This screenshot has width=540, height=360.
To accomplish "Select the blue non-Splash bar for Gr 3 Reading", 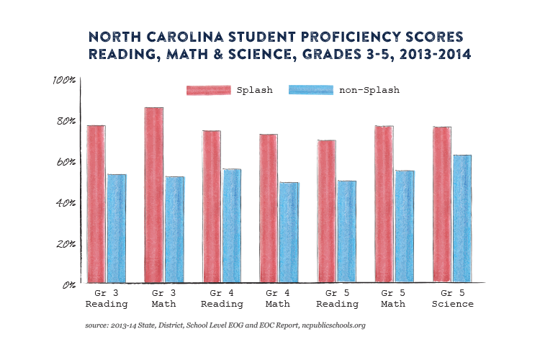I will click(x=116, y=228).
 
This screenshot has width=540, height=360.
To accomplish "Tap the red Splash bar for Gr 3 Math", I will click(x=154, y=194).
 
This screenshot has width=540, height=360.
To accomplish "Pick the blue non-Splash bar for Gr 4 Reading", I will click(x=231, y=225).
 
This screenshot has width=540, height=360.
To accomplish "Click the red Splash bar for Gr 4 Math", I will click(x=269, y=208).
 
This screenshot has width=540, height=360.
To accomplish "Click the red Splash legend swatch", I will click(x=207, y=90).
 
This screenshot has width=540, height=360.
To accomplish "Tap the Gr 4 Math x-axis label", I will click(x=279, y=299).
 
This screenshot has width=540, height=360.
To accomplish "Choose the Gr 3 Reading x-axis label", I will click(x=107, y=299).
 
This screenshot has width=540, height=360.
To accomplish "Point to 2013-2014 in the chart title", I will click(x=425, y=54).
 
